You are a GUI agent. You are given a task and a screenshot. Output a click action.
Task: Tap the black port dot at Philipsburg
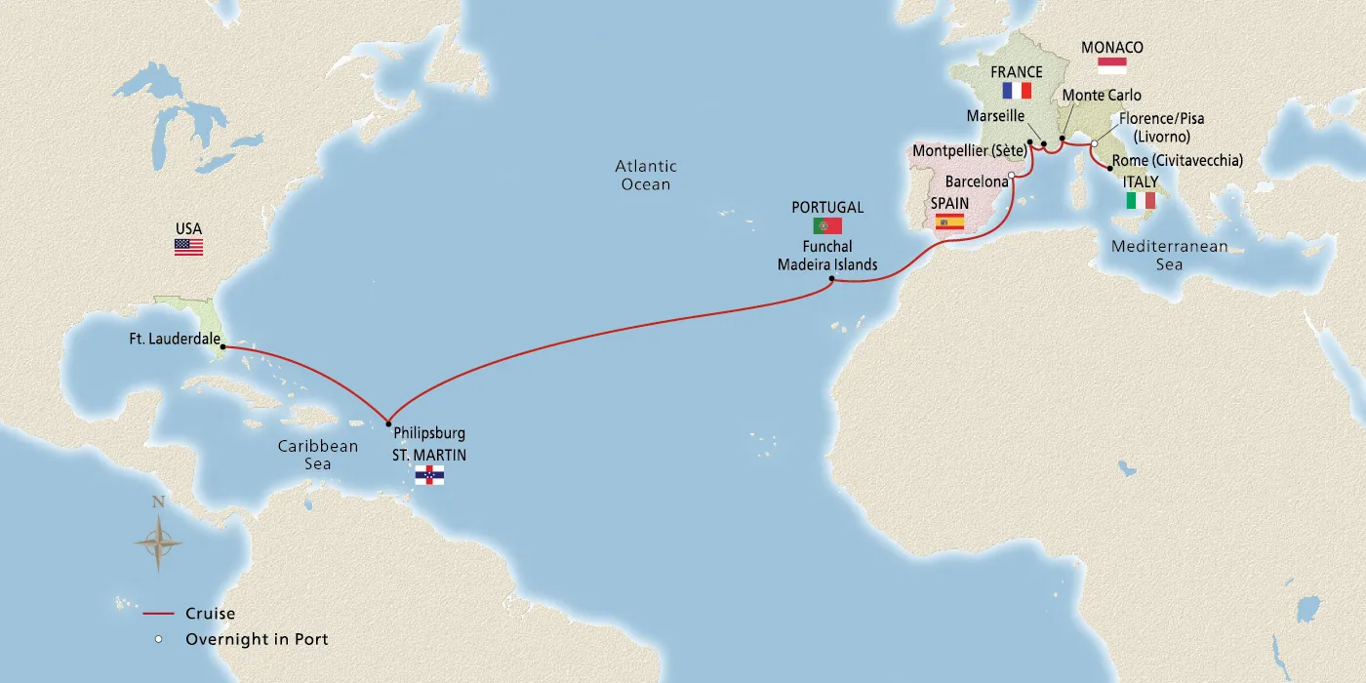pyautogui.click(x=388, y=423)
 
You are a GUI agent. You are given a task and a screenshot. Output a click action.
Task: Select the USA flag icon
pyautogui.click(x=188, y=247)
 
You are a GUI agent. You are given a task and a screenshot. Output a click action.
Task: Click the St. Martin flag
pyautogui.click(x=429, y=475)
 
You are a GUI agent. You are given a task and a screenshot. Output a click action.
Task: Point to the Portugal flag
pyautogui.click(x=827, y=225)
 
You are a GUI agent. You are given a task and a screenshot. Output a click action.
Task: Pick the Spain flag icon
pyautogui.click(x=949, y=221)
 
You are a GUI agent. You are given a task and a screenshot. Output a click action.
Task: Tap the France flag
pyautogui.click(x=1017, y=91)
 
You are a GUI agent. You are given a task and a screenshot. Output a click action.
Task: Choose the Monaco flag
pyautogui.click(x=1112, y=65)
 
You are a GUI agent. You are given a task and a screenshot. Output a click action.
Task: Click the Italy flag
pyautogui.click(x=1141, y=200)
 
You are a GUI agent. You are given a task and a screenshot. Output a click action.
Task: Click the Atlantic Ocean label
pyautogui.click(x=645, y=175)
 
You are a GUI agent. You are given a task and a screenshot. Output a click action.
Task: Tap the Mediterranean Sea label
pyautogui.click(x=1170, y=255)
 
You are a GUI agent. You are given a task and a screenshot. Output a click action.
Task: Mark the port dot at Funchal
pyautogui.click(x=830, y=280)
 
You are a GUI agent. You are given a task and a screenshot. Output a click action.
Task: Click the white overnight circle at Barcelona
pyautogui.click(x=1012, y=176)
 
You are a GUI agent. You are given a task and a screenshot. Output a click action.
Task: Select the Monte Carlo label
pyautogui.click(x=1101, y=96)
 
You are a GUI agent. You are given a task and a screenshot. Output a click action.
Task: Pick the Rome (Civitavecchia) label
pyautogui.click(x=1177, y=161)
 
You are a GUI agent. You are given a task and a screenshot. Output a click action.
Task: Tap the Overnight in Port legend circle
pyautogui.click(x=157, y=640)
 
